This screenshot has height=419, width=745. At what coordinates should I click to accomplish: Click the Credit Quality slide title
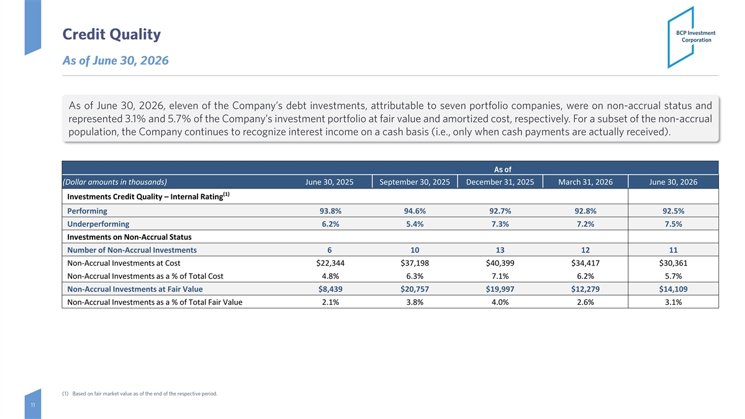click(111, 34)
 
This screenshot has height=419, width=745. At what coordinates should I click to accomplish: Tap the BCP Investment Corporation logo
click(692, 37)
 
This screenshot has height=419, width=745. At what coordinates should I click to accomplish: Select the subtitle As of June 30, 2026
click(115, 61)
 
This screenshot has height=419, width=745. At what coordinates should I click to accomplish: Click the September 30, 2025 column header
click(415, 182)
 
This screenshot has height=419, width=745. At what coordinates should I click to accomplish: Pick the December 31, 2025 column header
click(500, 182)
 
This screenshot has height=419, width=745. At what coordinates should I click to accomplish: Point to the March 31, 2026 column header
click(585, 182)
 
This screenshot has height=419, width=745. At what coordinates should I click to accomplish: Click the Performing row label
click(87, 211)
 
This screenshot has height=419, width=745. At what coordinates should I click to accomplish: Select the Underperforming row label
click(98, 224)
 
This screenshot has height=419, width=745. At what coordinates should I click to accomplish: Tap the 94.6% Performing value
click(415, 211)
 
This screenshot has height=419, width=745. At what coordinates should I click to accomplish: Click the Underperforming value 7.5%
click(673, 224)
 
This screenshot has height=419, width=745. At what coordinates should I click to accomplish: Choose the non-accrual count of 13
click(500, 250)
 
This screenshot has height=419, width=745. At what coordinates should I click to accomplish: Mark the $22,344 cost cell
click(330, 263)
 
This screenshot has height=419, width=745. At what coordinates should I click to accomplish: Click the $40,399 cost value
click(500, 263)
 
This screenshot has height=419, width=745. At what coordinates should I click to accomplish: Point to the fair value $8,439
click(330, 289)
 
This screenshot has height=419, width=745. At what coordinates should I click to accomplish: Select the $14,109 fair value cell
click(673, 289)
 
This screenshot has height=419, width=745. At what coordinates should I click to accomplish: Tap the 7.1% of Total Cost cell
click(500, 276)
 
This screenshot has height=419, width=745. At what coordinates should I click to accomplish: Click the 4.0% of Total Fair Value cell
click(500, 302)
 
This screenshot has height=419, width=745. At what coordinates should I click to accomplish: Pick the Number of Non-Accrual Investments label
click(132, 250)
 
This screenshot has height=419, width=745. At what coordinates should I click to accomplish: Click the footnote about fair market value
click(140, 394)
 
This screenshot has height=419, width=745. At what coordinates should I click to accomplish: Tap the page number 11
click(33, 405)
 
